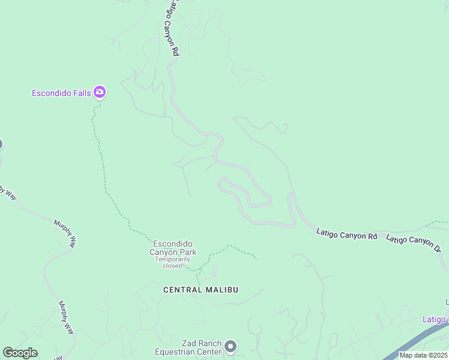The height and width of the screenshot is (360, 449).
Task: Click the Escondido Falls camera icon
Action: tap(100, 92)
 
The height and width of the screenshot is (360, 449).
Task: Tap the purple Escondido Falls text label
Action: tap(61, 93)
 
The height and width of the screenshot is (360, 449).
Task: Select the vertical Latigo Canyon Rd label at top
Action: tap(172, 29)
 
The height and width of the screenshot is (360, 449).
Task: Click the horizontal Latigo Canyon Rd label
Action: tap(346, 234)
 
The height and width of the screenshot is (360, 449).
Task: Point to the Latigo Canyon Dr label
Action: tap(414, 242)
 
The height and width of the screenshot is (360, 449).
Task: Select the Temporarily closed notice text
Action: tap(173, 262)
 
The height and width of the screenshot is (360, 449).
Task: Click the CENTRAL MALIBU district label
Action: tap(201, 290)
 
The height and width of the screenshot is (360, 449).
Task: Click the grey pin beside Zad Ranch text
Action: tap(231, 346)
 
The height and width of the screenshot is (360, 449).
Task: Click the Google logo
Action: tap(20, 353)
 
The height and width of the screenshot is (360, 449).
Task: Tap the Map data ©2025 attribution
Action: tap(424, 355)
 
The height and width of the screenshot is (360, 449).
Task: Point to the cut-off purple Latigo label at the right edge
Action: tap(435, 319)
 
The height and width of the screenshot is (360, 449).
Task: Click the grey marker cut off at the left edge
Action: tap(1, 144)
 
